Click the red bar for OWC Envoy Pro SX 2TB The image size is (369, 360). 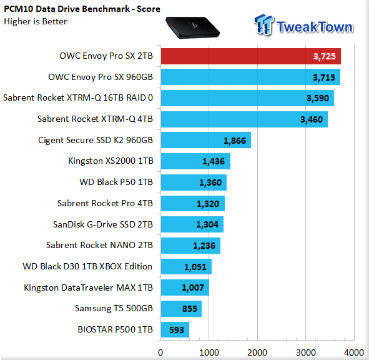(x=251, y=56)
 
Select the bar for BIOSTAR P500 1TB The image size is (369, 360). (x=175, y=329)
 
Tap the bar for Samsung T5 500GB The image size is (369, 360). (x=181, y=309)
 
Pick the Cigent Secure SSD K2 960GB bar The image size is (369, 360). (x=206, y=140)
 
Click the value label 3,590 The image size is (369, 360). (x=318, y=98)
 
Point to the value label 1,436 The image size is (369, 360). (x=214, y=161)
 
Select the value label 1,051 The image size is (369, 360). (x=195, y=267)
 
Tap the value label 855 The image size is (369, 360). (x=190, y=309)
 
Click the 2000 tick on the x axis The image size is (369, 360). (x=257, y=352)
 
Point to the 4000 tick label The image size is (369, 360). (x=354, y=352)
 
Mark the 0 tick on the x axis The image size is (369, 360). (x=160, y=352)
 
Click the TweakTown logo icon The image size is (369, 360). (x=264, y=25)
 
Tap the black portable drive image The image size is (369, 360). (x=192, y=27)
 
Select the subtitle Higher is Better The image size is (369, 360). (x=36, y=21)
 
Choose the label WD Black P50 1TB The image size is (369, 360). (x=116, y=182)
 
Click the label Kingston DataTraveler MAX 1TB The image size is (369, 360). (x=89, y=287)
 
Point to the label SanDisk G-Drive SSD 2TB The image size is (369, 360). (x=103, y=224)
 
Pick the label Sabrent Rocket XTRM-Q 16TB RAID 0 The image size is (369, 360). (x=78, y=97)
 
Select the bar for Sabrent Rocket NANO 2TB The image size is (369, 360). (x=190, y=246)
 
